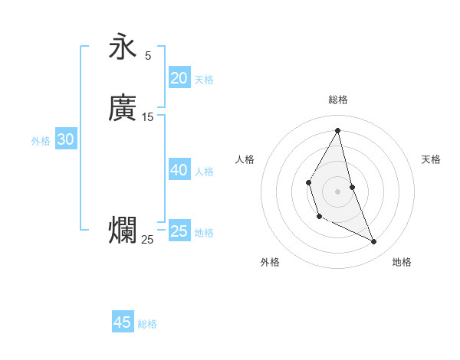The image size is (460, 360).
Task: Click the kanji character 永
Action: (123, 47)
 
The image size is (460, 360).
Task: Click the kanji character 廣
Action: (123, 108)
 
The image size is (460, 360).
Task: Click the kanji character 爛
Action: (123, 231)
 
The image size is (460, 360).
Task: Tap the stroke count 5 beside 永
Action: (148, 56)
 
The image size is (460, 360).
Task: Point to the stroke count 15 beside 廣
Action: (148, 117)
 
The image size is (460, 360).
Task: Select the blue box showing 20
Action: (179, 78)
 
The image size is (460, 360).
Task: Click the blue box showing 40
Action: (179, 170)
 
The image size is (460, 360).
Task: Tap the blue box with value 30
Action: (65, 139)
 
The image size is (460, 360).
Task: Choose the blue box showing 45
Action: (123, 322)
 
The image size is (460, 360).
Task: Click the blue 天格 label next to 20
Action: (204, 80)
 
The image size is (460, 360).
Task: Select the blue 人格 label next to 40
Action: (204, 172)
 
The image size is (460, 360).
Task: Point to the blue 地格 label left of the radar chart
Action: (204, 233)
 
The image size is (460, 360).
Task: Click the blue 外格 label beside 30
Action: (41, 141)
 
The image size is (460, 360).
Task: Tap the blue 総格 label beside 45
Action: (147, 324)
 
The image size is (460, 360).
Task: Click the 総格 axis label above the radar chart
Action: (338, 100)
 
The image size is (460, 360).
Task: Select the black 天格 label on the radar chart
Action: (432, 159)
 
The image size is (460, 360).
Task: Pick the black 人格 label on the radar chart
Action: (245, 159)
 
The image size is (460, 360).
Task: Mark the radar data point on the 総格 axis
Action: (338, 130)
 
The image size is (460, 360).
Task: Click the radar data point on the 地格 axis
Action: (374, 241)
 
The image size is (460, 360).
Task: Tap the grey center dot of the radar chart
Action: (338, 191)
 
